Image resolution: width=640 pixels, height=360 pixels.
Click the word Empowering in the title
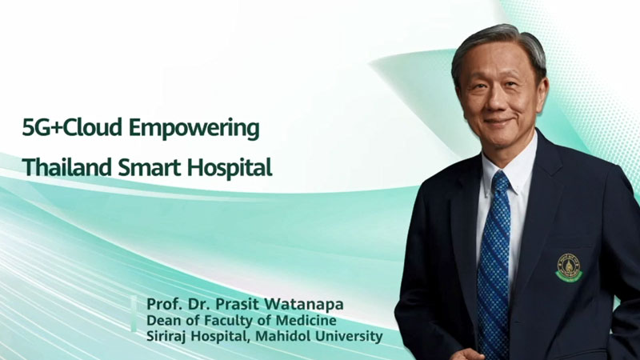pos(194,129)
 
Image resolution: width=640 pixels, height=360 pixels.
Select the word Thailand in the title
pos(67,167)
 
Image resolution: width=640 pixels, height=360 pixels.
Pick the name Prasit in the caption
pos(237,304)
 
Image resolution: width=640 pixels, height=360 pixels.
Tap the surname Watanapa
pos(304,305)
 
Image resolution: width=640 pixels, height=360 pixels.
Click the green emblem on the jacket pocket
pos(569,267)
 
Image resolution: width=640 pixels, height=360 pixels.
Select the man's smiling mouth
pos(498,122)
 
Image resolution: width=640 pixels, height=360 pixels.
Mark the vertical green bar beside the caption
pos(134,313)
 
